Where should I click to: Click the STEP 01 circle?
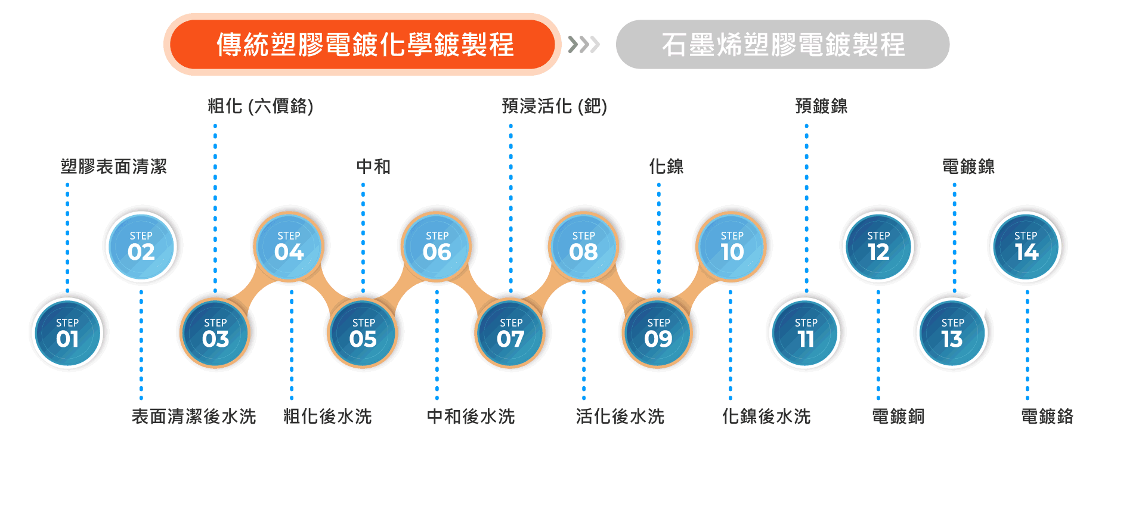[x=67, y=333]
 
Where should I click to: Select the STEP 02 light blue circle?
[x=141, y=246]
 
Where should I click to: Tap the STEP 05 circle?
[x=363, y=333]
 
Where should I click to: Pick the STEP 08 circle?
[x=583, y=246]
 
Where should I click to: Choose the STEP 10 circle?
[x=731, y=246]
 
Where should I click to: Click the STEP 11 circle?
[x=806, y=333]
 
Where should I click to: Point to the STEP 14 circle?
[x=1026, y=246]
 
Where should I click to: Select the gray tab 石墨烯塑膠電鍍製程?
[x=782, y=45]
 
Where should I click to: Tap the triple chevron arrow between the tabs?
[x=584, y=45]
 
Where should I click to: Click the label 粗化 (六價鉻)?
[x=260, y=106]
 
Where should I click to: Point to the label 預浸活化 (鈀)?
[x=554, y=106]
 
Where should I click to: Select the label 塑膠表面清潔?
[x=113, y=166]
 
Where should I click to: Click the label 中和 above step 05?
[x=373, y=166]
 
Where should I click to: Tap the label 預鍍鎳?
[x=821, y=106]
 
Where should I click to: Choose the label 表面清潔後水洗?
[x=194, y=416]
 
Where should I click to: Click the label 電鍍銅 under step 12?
[x=898, y=416]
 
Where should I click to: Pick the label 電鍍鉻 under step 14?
[x=1047, y=416]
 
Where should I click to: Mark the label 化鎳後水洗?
[x=766, y=416]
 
